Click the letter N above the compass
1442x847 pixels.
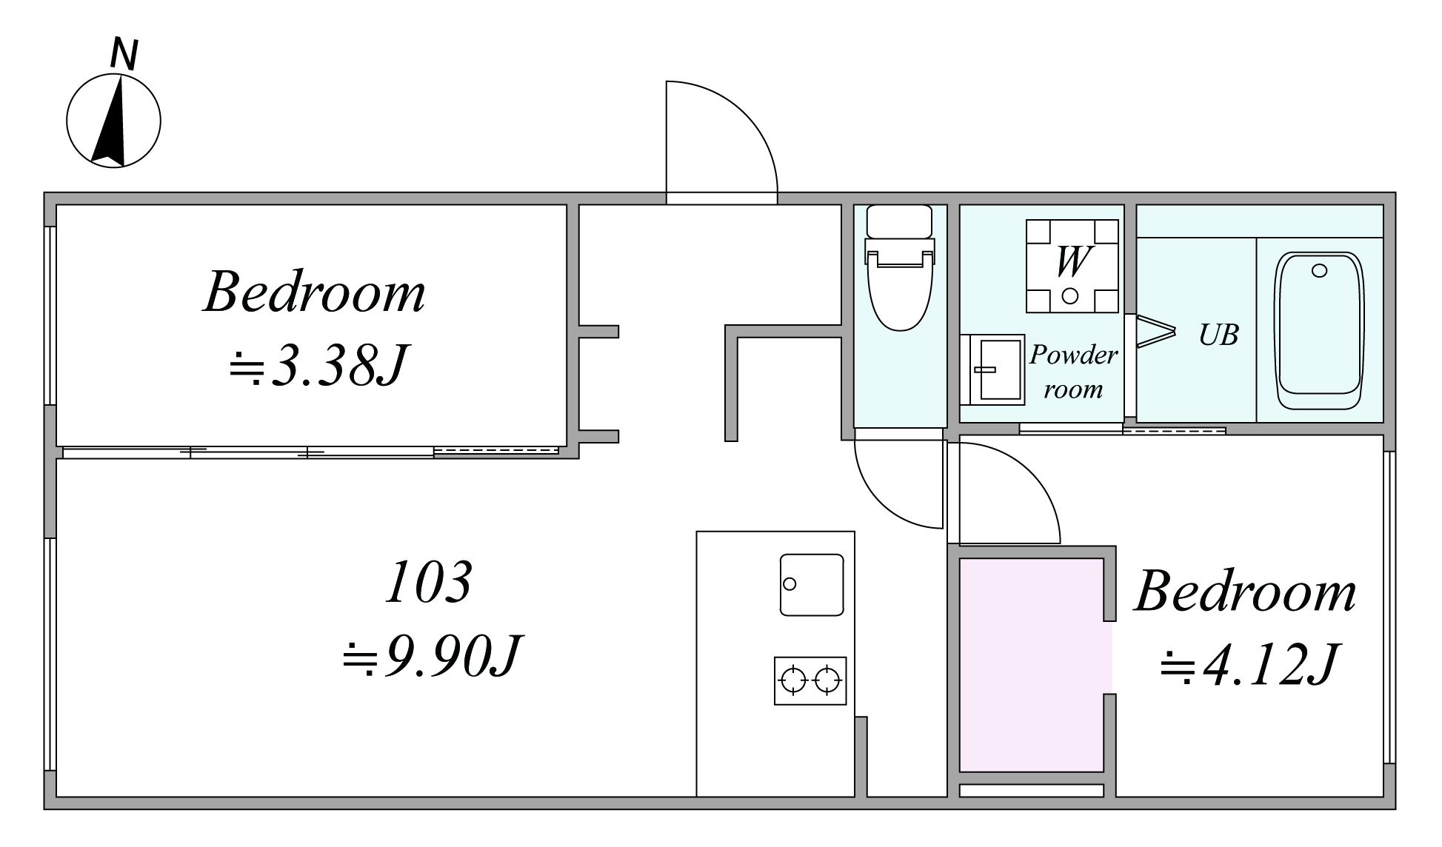tap(124, 55)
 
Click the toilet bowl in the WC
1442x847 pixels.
tap(900, 289)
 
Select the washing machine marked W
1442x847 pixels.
tap(1072, 266)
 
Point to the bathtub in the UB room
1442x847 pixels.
tap(1318, 331)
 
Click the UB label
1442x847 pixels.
tap(1218, 335)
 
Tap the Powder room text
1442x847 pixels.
tap(1073, 372)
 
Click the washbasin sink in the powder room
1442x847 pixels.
tap(992, 369)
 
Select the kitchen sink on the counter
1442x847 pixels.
tap(812, 584)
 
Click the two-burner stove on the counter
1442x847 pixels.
tap(810, 680)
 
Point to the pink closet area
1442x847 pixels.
tap(1035, 665)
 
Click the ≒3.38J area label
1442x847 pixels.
tap(317, 364)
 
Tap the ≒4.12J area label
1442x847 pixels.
tap(1248, 664)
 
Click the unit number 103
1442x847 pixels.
tap(429, 581)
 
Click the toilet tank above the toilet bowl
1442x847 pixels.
tap(899, 221)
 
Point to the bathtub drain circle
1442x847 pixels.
tap(1319, 271)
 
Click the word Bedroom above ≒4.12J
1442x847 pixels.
tap(1245, 592)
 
